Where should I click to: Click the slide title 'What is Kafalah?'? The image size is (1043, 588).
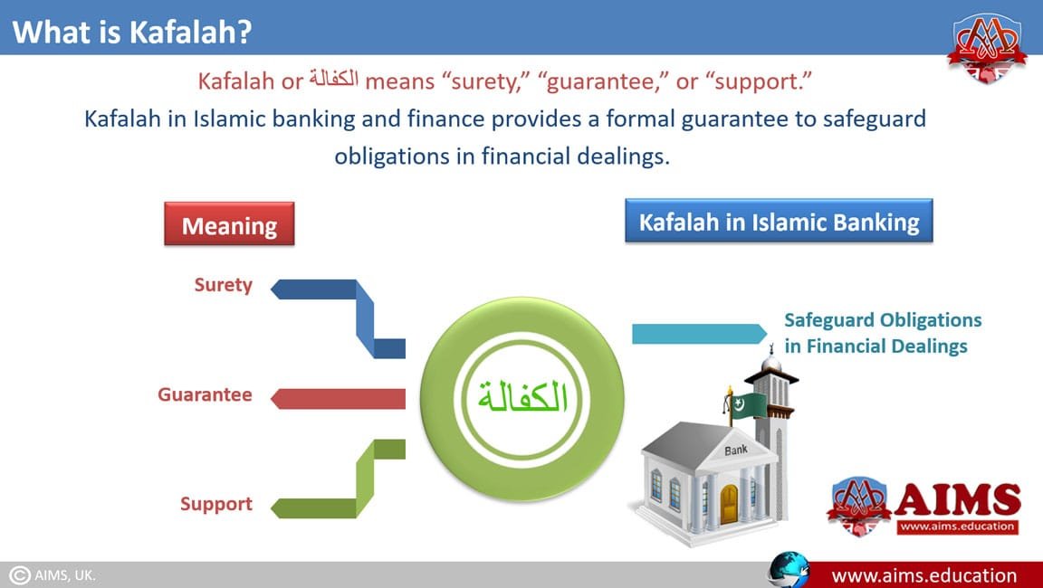131,32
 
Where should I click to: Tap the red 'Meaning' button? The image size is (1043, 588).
229,224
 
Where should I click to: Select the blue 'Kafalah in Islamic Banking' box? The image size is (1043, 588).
779,221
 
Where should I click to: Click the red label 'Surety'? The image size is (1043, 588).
224,285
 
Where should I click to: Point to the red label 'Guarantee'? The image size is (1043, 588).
205,394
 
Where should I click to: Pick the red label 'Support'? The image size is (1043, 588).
216,504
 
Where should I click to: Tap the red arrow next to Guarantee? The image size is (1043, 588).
338,399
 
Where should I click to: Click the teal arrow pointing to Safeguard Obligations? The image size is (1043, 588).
699,334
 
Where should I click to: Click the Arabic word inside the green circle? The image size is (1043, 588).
522,398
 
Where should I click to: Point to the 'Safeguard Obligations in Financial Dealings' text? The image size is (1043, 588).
883,333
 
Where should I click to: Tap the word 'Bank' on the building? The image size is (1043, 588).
736,450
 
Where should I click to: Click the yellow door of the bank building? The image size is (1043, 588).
729,504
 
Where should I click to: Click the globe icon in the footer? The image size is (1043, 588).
789,570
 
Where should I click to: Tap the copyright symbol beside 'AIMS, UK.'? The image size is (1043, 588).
19,575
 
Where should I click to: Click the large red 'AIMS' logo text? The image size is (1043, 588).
958,499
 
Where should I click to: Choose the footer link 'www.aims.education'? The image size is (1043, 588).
923,575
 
